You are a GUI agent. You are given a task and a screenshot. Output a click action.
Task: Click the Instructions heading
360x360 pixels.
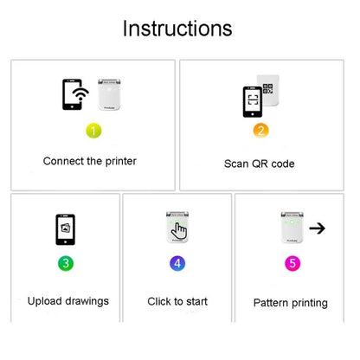pos(177,29)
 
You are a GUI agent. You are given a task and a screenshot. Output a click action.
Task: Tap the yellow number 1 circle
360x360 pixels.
pos(93,131)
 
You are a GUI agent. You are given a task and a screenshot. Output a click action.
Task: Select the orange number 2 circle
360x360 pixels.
pos(260,132)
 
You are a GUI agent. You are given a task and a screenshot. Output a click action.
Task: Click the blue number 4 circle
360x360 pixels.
pos(177,261)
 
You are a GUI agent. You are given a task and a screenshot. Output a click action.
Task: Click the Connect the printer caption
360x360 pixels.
pos(90,161)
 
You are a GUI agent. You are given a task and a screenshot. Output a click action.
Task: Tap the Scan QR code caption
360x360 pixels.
pos(260,164)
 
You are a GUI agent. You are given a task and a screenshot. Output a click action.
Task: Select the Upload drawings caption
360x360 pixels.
pos(68,301)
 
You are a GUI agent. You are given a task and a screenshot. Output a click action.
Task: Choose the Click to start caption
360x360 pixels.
pos(177,301)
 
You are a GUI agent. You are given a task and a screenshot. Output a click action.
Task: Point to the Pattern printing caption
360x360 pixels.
pos(290,303)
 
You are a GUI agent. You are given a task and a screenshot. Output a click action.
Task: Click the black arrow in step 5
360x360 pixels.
pos(317,228)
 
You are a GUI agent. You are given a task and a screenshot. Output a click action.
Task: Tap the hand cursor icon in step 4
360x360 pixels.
pos(179,230)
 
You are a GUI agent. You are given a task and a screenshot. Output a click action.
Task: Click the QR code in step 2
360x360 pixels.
pos(268,89)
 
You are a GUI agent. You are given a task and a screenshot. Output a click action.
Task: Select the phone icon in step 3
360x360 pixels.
pos(65,229)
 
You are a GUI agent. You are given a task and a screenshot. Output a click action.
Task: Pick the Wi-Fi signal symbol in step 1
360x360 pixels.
pos(81,95)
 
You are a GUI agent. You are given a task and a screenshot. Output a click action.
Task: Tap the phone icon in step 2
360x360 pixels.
pos(253,101)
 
